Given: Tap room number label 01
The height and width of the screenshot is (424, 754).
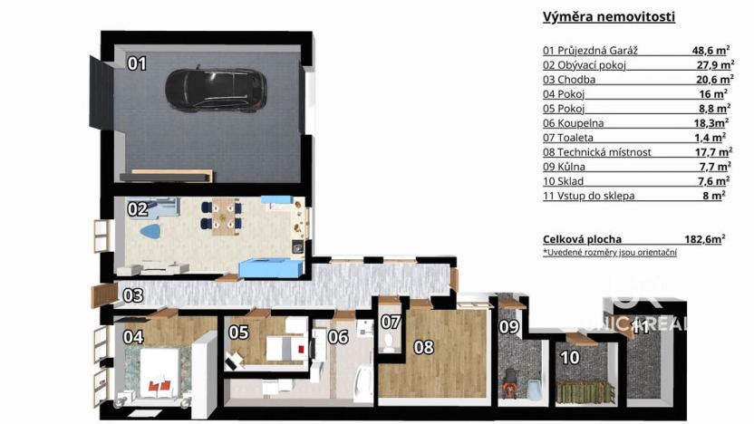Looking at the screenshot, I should (x=137, y=63).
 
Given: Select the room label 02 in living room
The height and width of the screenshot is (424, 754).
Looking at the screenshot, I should (x=137, y=209).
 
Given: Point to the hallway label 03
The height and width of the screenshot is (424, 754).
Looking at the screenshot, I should (x=132, y=294).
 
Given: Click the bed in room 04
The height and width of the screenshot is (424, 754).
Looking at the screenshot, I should (x=159, y=378).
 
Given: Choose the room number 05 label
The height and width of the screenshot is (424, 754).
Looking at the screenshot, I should (x=238, y=332).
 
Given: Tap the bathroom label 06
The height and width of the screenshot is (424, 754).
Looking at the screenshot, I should (x=338, y=337).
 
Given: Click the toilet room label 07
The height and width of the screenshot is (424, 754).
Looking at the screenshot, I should (x=390, y=322).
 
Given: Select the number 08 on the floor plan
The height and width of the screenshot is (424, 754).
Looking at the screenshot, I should (x=424, y=345).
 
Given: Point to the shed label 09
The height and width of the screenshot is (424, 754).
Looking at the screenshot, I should (x=508, y=326).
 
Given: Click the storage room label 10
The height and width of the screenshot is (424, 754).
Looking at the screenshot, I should (x=570, y=358).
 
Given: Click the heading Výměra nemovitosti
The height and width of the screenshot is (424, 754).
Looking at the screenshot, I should (x=608, y=16).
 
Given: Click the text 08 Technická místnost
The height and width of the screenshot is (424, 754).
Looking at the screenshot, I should (x=597, y=152).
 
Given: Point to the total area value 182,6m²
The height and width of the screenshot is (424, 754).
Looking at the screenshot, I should (x=704, y=239).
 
